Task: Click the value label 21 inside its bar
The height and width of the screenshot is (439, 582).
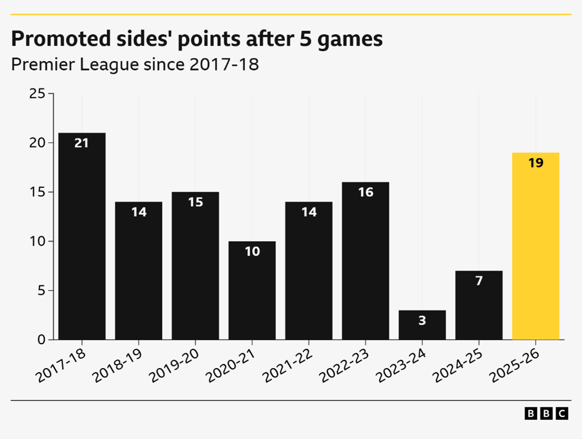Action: [82, 143]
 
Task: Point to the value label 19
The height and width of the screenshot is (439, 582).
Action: [535, 163]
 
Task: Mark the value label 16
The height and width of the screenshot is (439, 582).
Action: [366, 192]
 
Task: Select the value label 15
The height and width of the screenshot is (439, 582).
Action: [196, 202]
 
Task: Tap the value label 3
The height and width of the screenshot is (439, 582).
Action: [422, 320]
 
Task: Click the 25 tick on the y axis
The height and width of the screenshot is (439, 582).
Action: [37, 94]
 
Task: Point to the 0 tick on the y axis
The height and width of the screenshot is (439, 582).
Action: [40, 340]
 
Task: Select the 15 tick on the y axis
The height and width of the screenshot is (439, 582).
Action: [37, 192]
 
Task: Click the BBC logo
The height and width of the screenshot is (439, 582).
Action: [546, 413]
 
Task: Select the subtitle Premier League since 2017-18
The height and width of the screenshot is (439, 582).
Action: [135, 65]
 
